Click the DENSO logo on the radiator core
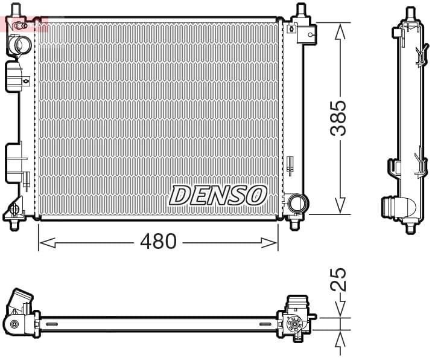click(x=218, y=195)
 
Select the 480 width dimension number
click(x=158, y=242)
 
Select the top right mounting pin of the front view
click(x=300, y=11)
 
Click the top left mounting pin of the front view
click(x=16, y=10)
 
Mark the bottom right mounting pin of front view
click(x=294, y=224)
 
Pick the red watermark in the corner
click(x=24, y=25)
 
